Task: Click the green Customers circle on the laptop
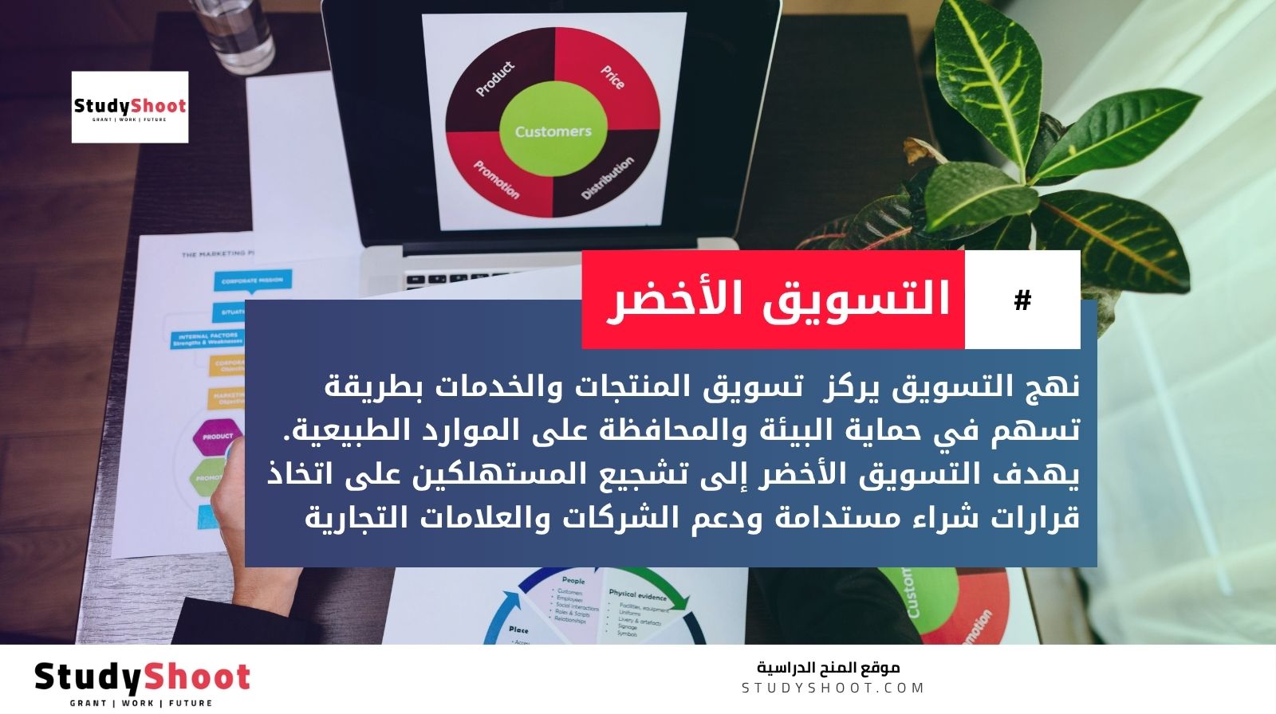coord(553,131)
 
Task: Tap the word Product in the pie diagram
coord(495,79)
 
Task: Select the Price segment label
coord(612,77)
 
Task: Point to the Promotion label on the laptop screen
coord(496,179)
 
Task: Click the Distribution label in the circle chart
coord(608,178)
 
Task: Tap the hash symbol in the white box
coord(1022,300)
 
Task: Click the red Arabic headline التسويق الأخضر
coord(778,300)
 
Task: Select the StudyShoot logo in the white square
coord(130,108)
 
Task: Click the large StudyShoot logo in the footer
coord(142,677)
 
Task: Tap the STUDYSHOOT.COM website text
coord(833,688)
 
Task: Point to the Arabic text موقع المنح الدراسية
coord(828,667)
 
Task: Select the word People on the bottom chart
coord(573,581)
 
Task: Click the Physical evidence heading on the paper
coord(637,594)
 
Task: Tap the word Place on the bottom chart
coord(518,630)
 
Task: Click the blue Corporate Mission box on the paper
coord(252,280)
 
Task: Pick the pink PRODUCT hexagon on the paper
coord(218,436)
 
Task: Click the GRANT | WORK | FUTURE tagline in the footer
coord(141,703)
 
